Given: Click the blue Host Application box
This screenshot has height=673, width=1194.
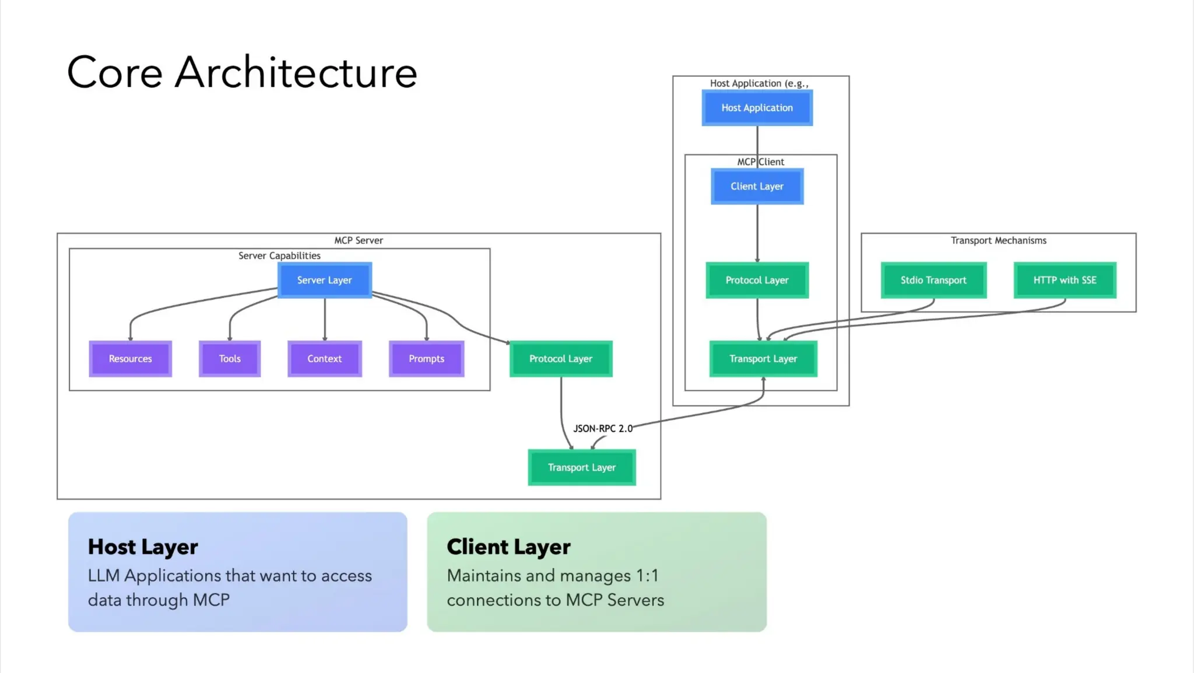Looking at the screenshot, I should pyautogui.click(x=757, y=108).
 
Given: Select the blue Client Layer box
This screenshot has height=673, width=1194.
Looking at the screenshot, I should pyautogui.click(x=757, y=187).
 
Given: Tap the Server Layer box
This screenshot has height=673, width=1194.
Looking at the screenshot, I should pyautogui.click(x=324, y=281).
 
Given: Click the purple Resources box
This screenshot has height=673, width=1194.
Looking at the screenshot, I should pyautogui.click(x=130, y=359).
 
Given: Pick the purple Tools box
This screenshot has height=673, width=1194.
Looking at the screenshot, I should pyautogui.click(x=229, y=359).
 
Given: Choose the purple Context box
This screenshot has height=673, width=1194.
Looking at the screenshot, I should pyautogui.click(x=324, y=359).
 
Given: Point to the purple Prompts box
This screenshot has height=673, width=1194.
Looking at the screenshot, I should pyautogui.click(x=426, y=359).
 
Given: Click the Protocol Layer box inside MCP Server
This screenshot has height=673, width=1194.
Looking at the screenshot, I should pyautogui.click(x=560, y=359).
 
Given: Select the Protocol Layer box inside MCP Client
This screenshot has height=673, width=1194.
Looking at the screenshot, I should pyautogui.click(x=757, y=281).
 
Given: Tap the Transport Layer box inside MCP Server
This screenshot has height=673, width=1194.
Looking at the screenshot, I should pyautogui.click(x=581, y=467).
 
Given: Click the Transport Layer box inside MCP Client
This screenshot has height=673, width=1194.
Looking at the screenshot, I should pyautogui.click(x=763, y=359).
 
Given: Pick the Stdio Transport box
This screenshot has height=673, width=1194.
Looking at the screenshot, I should pyautogui.click(x=933, y=281).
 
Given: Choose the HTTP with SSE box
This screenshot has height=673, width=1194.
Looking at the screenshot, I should pyautogui.click(x=1065, y=281).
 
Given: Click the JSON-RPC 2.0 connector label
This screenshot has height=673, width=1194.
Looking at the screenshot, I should pyautogui.click(x=602, y=429).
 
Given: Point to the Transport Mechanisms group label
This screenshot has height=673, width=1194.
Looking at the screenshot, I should pyautogui.click(x=998, y=241).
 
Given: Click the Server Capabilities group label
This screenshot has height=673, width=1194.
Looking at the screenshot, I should pyautogui.click(x=279, y=256).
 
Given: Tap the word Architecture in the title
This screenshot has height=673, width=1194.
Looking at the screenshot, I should pyautogui.click(x=296, y=73).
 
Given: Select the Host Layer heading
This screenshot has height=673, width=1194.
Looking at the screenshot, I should pyautogui.click(x=143, y=547).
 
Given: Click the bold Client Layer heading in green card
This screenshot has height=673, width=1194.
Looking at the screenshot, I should pyautogui.click(x=508, y=547).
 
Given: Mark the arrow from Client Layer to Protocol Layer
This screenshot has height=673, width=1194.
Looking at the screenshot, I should pyautogui.click(x=757, y=233).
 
